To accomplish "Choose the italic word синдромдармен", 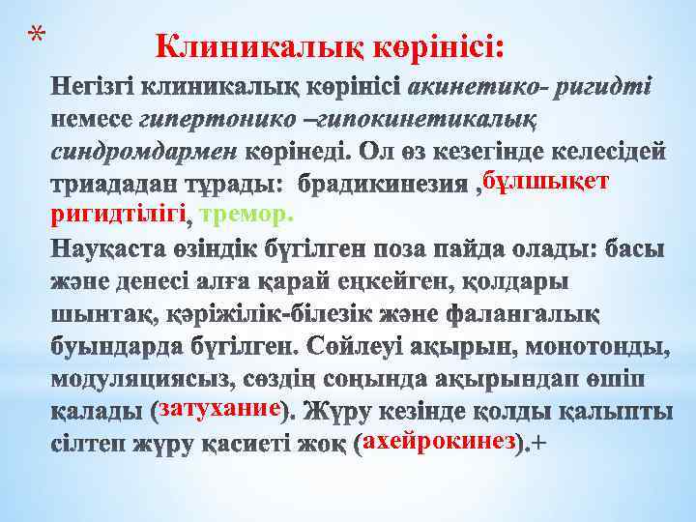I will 142,153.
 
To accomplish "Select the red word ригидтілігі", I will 121,214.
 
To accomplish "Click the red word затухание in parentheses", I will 220,408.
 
